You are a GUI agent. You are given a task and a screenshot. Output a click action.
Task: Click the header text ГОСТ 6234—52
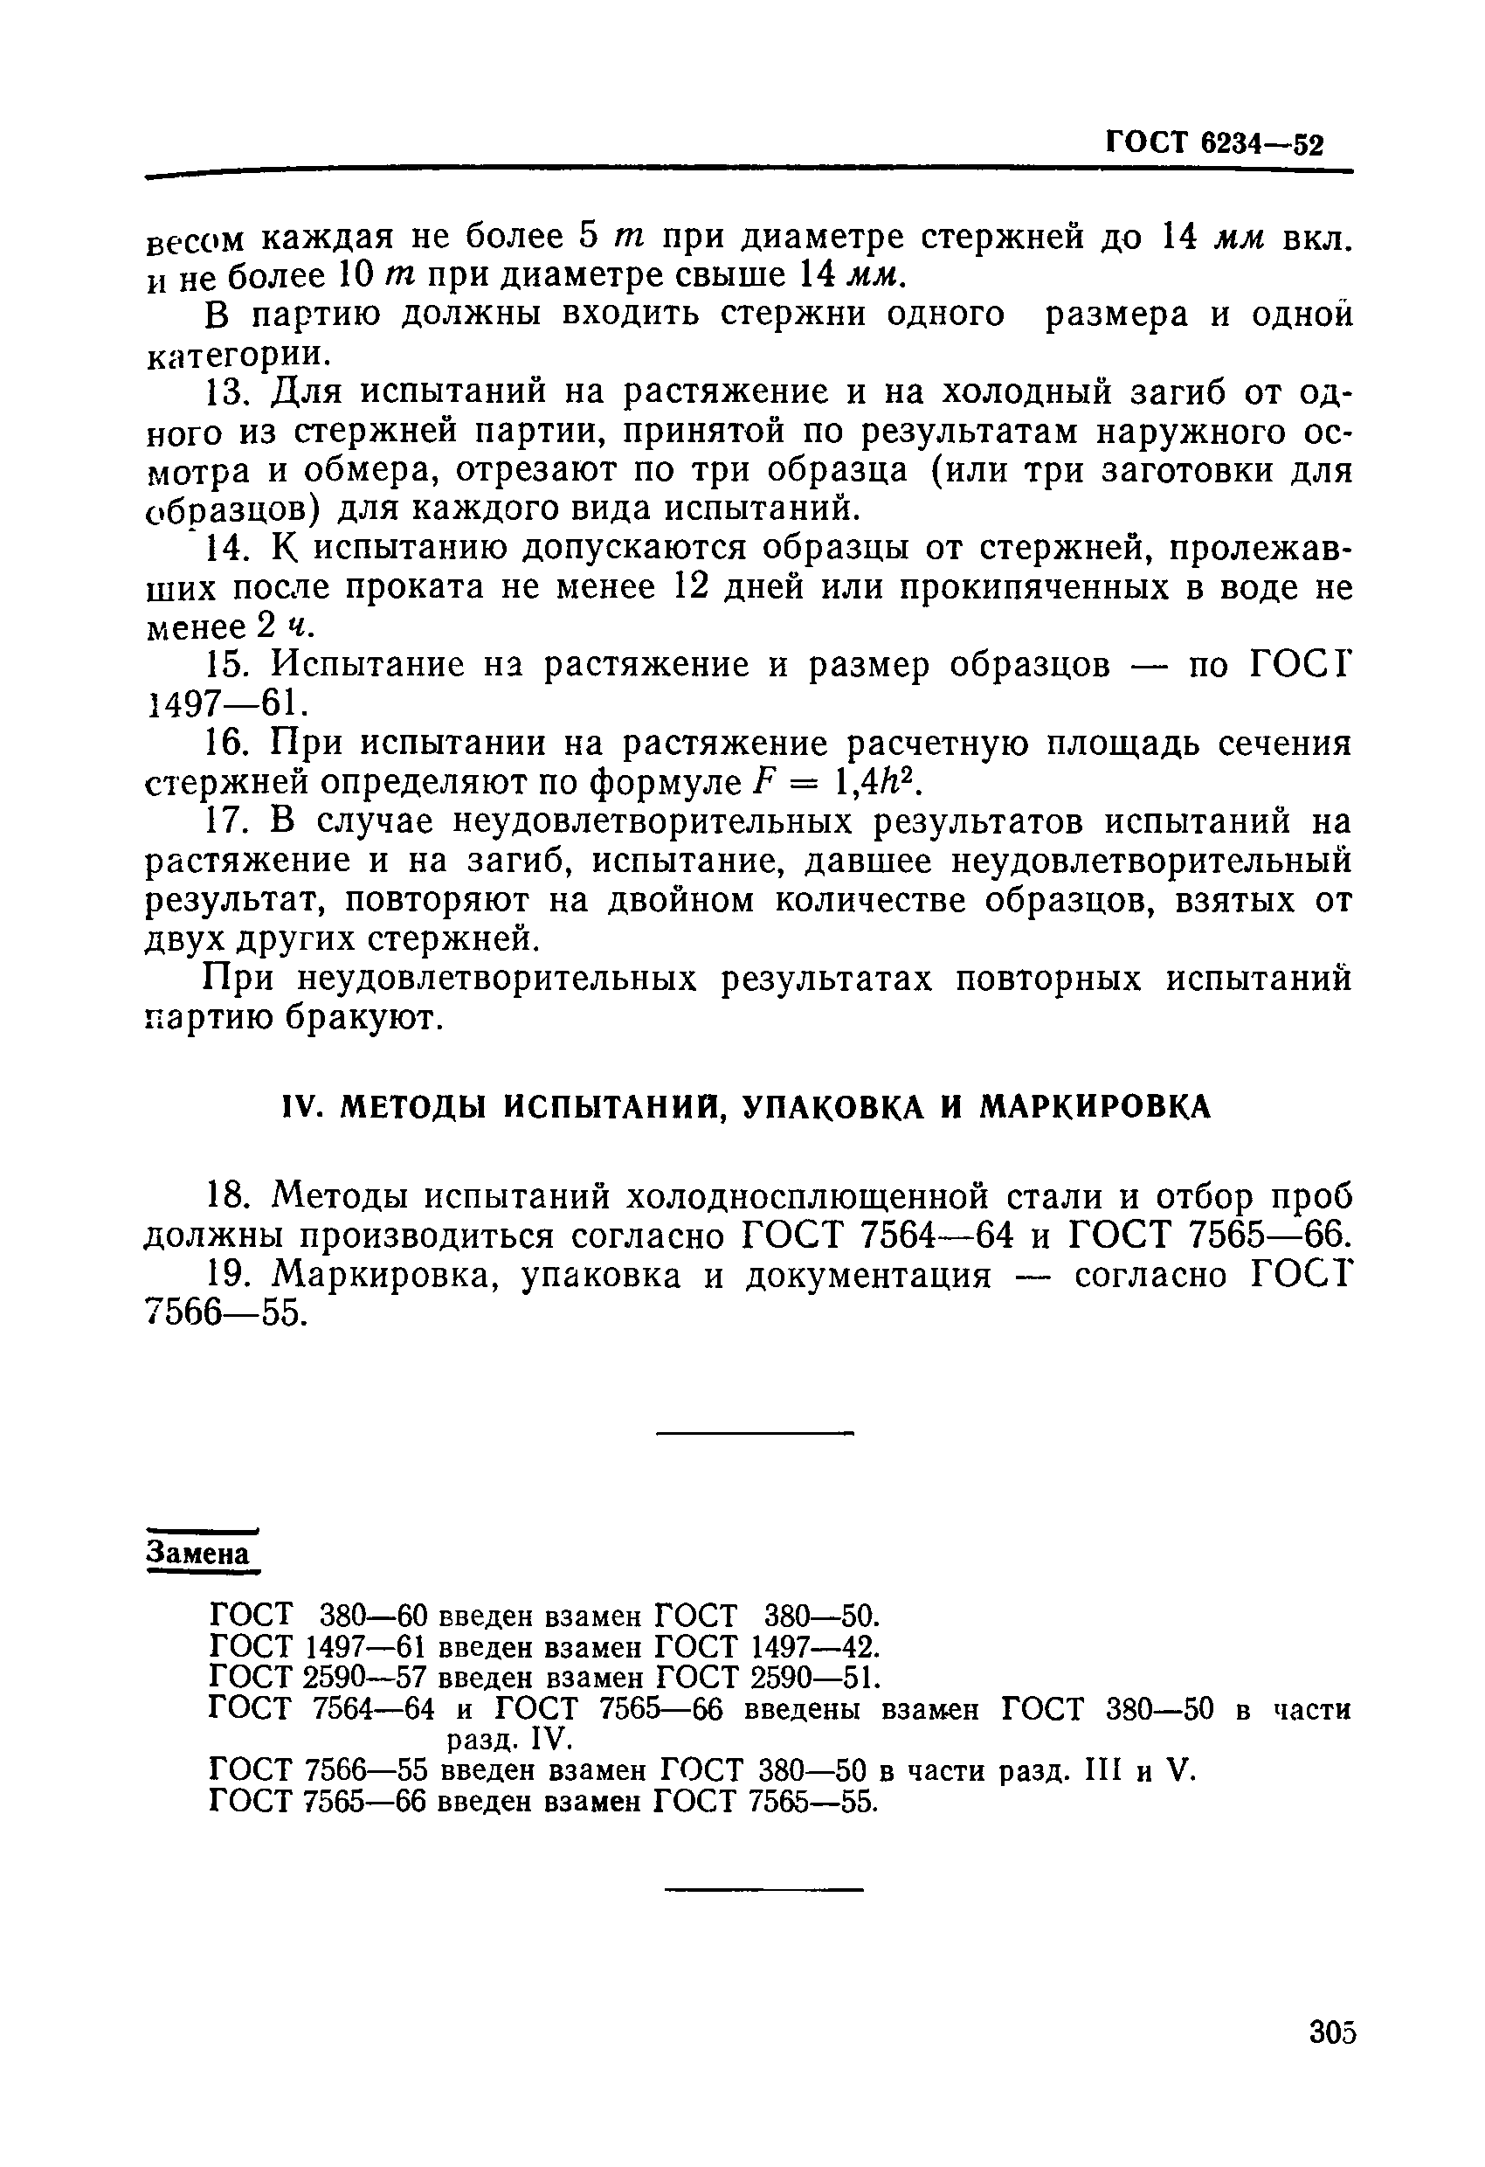tap(1213, 143)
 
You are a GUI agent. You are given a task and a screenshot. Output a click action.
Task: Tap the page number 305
tap(1331, 2032)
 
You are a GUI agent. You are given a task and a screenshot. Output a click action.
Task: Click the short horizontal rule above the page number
tap(764, 1890)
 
